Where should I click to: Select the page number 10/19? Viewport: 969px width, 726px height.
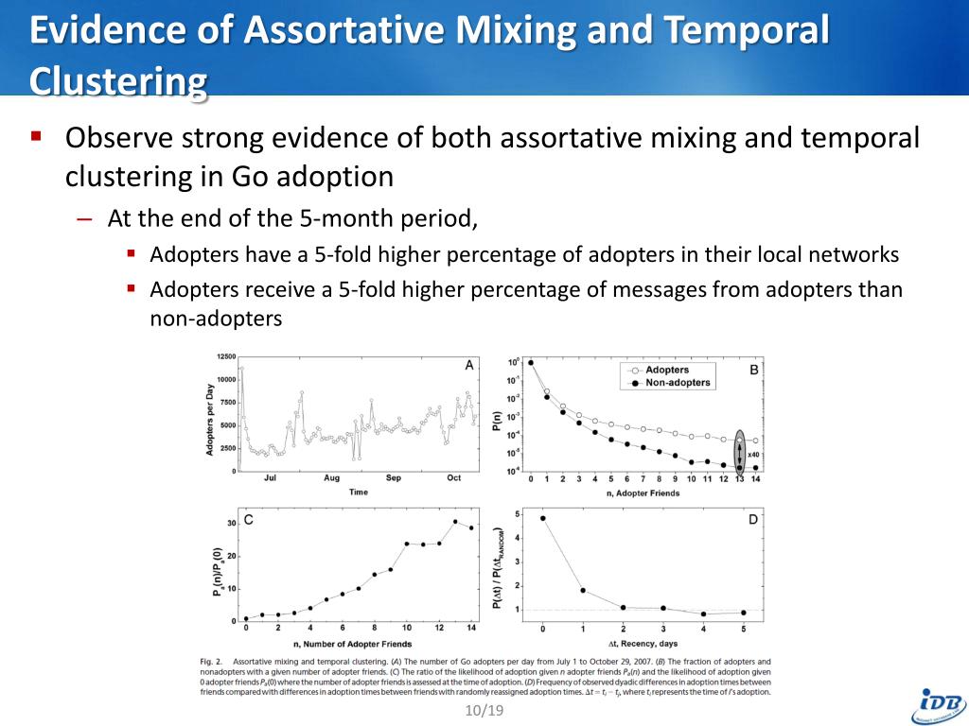(484, 710)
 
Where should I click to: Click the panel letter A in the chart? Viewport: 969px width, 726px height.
(469, 365)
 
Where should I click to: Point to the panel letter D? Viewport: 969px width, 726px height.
(752, 519)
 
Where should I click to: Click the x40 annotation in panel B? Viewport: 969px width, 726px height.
(754, 455)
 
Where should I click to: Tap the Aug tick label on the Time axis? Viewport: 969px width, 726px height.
(331, 478)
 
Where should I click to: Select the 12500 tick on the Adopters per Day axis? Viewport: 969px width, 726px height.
(225, 356)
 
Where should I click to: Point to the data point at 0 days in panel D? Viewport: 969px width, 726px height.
(542, 518)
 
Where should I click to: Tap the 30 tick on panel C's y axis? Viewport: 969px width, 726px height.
(231, 523)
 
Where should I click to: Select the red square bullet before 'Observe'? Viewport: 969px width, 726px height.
(37, 136)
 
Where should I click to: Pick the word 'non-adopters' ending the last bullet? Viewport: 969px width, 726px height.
(216, 319)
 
